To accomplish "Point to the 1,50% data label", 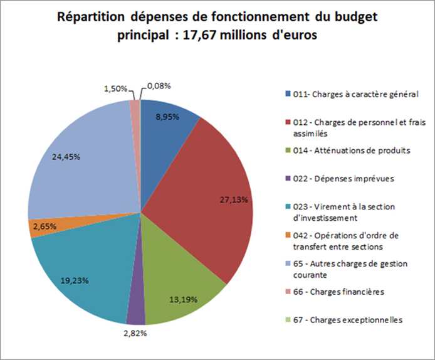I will pos(115,88).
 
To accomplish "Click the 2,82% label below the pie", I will pos(135,333).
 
